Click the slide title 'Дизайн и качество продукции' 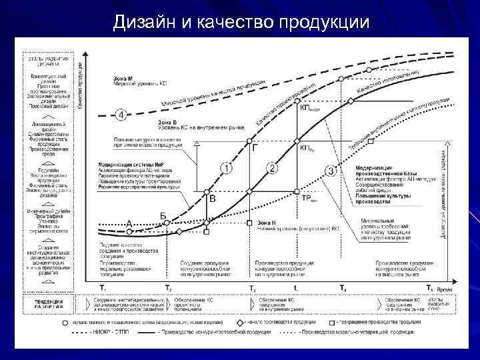tap(241, 23)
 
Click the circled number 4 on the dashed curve tap(121, 115)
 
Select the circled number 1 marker tap(227, 168)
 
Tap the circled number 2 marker tap(272, 168)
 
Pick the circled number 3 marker tap(330, 171)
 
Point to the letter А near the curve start tap(129, 223)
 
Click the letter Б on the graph tap(163, 215)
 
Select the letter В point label tap(213, 199)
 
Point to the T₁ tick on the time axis tap(102, 287)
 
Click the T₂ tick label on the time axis tap(168, 287)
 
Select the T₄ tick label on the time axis tap(343, 287)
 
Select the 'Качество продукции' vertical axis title tap(80, 86)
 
